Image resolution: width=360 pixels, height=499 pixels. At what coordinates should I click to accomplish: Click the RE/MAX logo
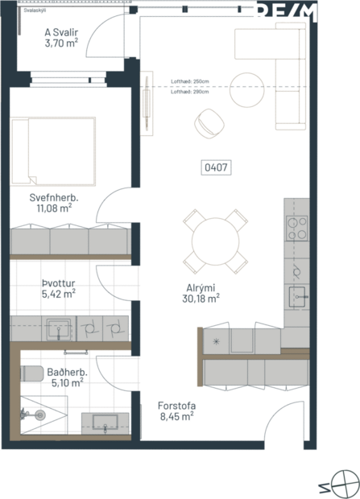click(x=304, y=14)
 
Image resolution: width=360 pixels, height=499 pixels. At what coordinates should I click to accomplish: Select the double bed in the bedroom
click(x=54, y=150)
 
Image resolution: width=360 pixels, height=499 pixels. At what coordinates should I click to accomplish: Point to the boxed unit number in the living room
click(x=215, y=167)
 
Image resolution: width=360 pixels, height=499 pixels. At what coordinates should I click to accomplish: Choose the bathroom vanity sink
click(x=106, y=423)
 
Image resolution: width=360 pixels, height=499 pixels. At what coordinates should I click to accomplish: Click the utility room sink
click(x=57, y=327)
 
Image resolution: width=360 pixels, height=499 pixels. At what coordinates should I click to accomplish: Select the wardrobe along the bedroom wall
click(x=70, y=242)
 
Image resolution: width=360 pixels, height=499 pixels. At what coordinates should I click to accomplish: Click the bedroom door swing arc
click(x=113, y=207)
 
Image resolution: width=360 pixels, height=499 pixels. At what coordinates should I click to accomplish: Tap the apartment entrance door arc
click(x=286, y=423)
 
